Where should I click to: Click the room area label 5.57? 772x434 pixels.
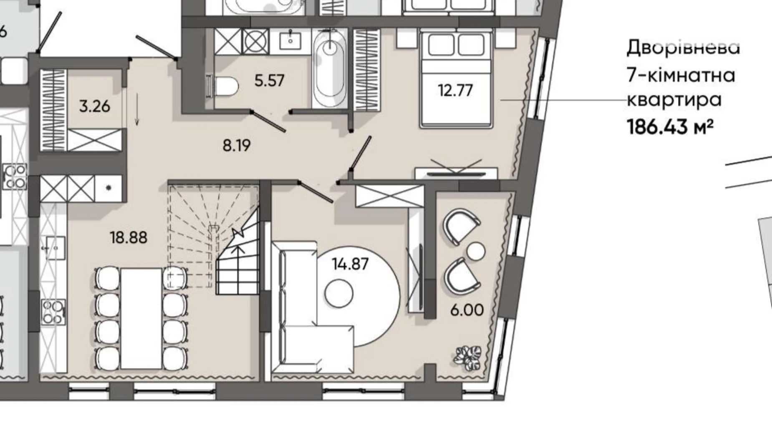point(269,80)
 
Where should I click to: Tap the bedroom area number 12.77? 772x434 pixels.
point(455,90)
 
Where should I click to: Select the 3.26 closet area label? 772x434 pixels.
point(95,106)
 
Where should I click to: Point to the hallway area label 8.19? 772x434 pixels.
point(237,145)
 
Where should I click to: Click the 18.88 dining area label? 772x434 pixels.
point(129,237)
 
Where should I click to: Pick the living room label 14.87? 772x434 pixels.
point(350,264)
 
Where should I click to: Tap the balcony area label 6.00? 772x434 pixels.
point(467,310)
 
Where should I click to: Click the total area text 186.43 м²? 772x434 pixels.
point(670,126)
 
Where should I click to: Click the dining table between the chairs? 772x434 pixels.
point(141,318)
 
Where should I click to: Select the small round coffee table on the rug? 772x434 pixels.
point(339,293)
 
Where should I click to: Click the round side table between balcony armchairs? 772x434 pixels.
point(476,251)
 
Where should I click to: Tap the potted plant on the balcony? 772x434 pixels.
point(468,358)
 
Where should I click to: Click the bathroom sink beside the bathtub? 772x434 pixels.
point(290,40)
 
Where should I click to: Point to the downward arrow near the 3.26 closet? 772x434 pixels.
point(137,109)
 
